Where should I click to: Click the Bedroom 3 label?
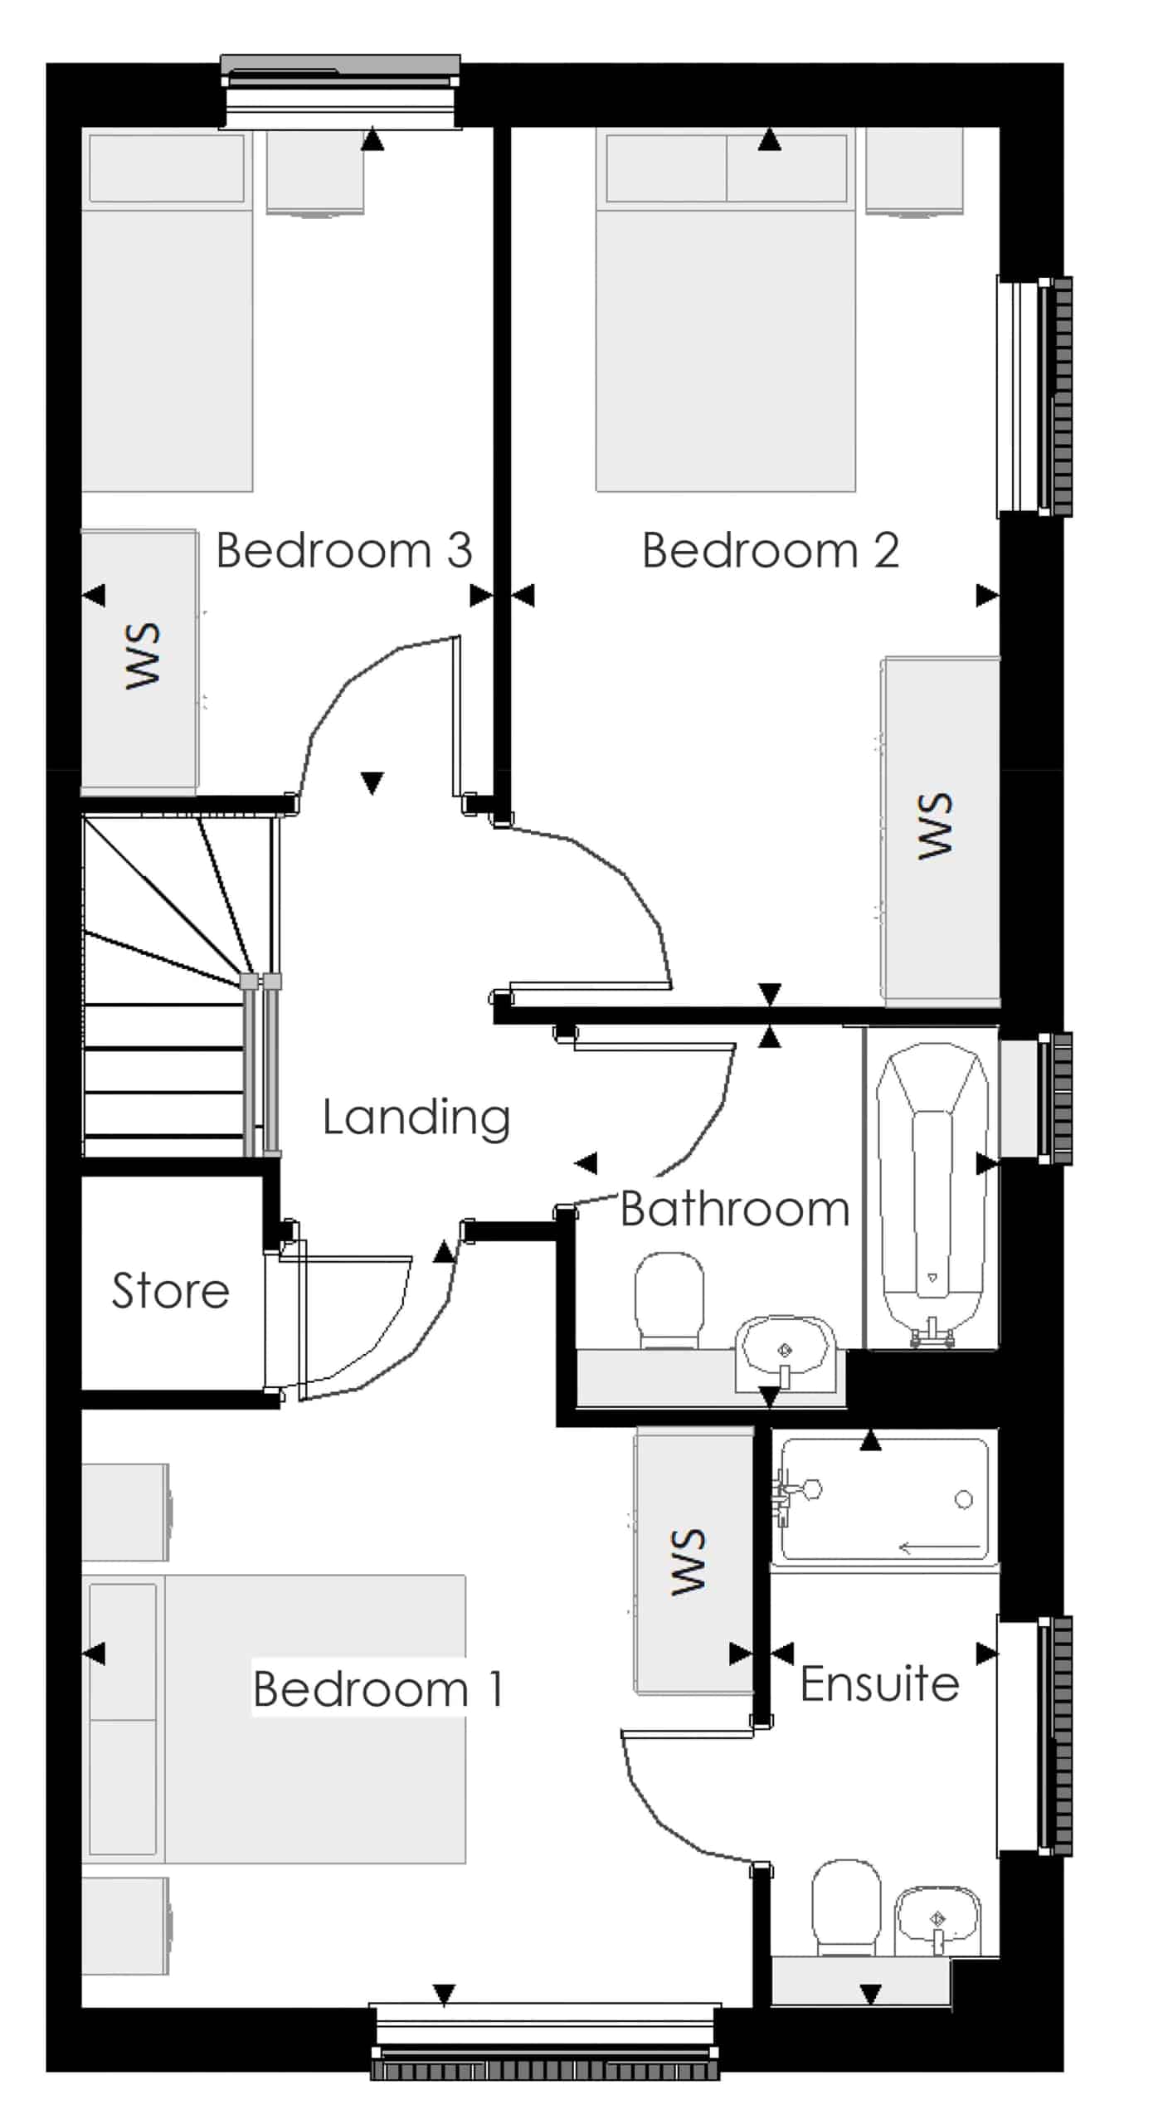click(x=343, y=550)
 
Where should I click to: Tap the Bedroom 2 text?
click(x=771, y=550)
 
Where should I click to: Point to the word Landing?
click(x=416, y=1118)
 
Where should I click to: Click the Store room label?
click(x=170, y=1291)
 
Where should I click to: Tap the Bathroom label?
click(x=735, y=1209)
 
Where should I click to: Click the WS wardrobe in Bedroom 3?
click(x=139, y=661)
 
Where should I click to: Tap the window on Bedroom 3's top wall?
click(x=340, y=92)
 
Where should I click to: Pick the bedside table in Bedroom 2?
click(x=914, y=172)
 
